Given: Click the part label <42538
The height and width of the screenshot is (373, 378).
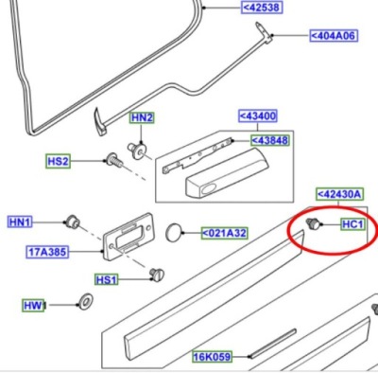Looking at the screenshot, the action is pos(262,8).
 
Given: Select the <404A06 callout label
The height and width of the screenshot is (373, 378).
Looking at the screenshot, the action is pos(334,36).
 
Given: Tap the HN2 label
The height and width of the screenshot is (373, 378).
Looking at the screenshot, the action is pos(142,117).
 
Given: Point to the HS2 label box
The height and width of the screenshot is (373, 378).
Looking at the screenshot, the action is pos(58,161).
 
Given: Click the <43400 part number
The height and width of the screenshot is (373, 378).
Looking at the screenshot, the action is pos(258,115).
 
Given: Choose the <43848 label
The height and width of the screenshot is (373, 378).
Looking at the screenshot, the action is pos(270,140).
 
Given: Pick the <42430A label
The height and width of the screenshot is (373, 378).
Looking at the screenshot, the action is pos(339,194).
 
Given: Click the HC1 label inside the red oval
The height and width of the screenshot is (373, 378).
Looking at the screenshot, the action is pos(352,224).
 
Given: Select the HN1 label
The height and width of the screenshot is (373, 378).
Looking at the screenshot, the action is pos(20,222).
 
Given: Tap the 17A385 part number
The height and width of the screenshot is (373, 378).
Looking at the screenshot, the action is pos(47,252).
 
